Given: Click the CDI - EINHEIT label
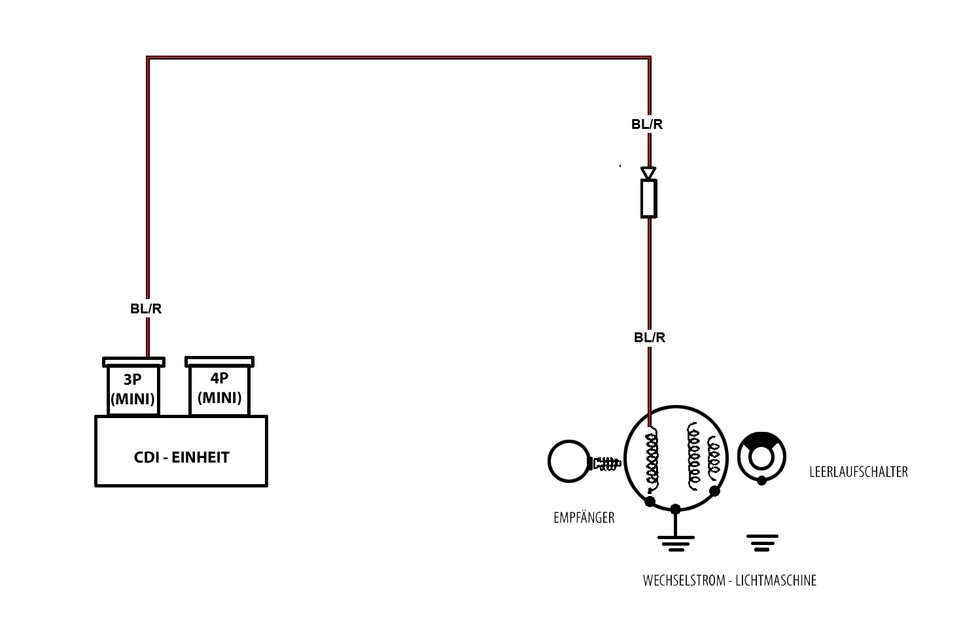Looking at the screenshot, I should [181, 457].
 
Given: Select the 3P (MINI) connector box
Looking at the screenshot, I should [133, 389].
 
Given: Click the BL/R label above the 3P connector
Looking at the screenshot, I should [145, 309].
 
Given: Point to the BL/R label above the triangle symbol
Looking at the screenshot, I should [647, 124].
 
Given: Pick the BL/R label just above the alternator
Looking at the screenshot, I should [650, 338].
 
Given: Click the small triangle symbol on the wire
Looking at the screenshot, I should [648, 173].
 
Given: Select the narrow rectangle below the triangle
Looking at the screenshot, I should [648, 199].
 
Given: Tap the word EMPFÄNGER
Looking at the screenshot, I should [584, 518].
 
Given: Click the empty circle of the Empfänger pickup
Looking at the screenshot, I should [568, 461].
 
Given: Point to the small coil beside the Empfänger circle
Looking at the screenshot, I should [606, 463].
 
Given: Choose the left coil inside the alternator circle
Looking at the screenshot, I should [652, 458].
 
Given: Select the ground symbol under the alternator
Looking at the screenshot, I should [676, 542].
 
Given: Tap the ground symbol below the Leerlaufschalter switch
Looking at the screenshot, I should [762, 542].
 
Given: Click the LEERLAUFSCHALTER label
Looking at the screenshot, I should [858, 472].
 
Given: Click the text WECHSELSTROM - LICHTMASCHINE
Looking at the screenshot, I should [729, 580].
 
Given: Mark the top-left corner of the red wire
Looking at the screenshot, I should [149, 59].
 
